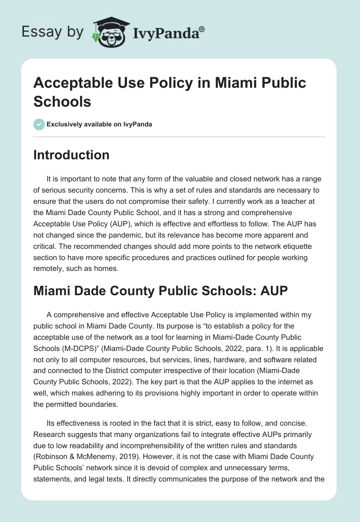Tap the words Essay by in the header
coord(53,32)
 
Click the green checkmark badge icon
coord(39,124)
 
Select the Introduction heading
coord(72,155)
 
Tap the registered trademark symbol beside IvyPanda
coord(202,29)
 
